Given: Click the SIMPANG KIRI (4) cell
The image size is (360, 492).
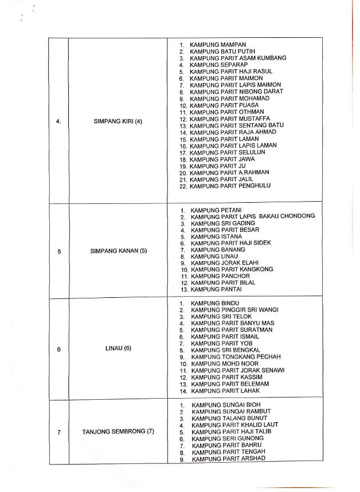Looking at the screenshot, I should click(117, 120).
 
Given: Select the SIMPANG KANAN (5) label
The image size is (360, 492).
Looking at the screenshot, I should click(118, 251).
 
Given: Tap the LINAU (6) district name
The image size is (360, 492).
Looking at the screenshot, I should click(118, 348).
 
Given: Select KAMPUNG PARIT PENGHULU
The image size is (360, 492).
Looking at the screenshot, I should click(230, 186).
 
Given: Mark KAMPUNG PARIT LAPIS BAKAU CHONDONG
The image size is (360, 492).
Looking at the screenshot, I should click(253, 217).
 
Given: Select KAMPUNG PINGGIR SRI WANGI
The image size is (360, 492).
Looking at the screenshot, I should click(234, 309).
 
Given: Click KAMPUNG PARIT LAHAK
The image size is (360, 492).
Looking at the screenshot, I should click(225, 391).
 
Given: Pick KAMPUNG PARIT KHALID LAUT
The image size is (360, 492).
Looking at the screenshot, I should click(236, 425).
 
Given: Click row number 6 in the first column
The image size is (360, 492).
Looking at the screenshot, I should click(59, 348).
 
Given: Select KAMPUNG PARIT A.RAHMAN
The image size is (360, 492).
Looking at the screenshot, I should click(230, 172).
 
